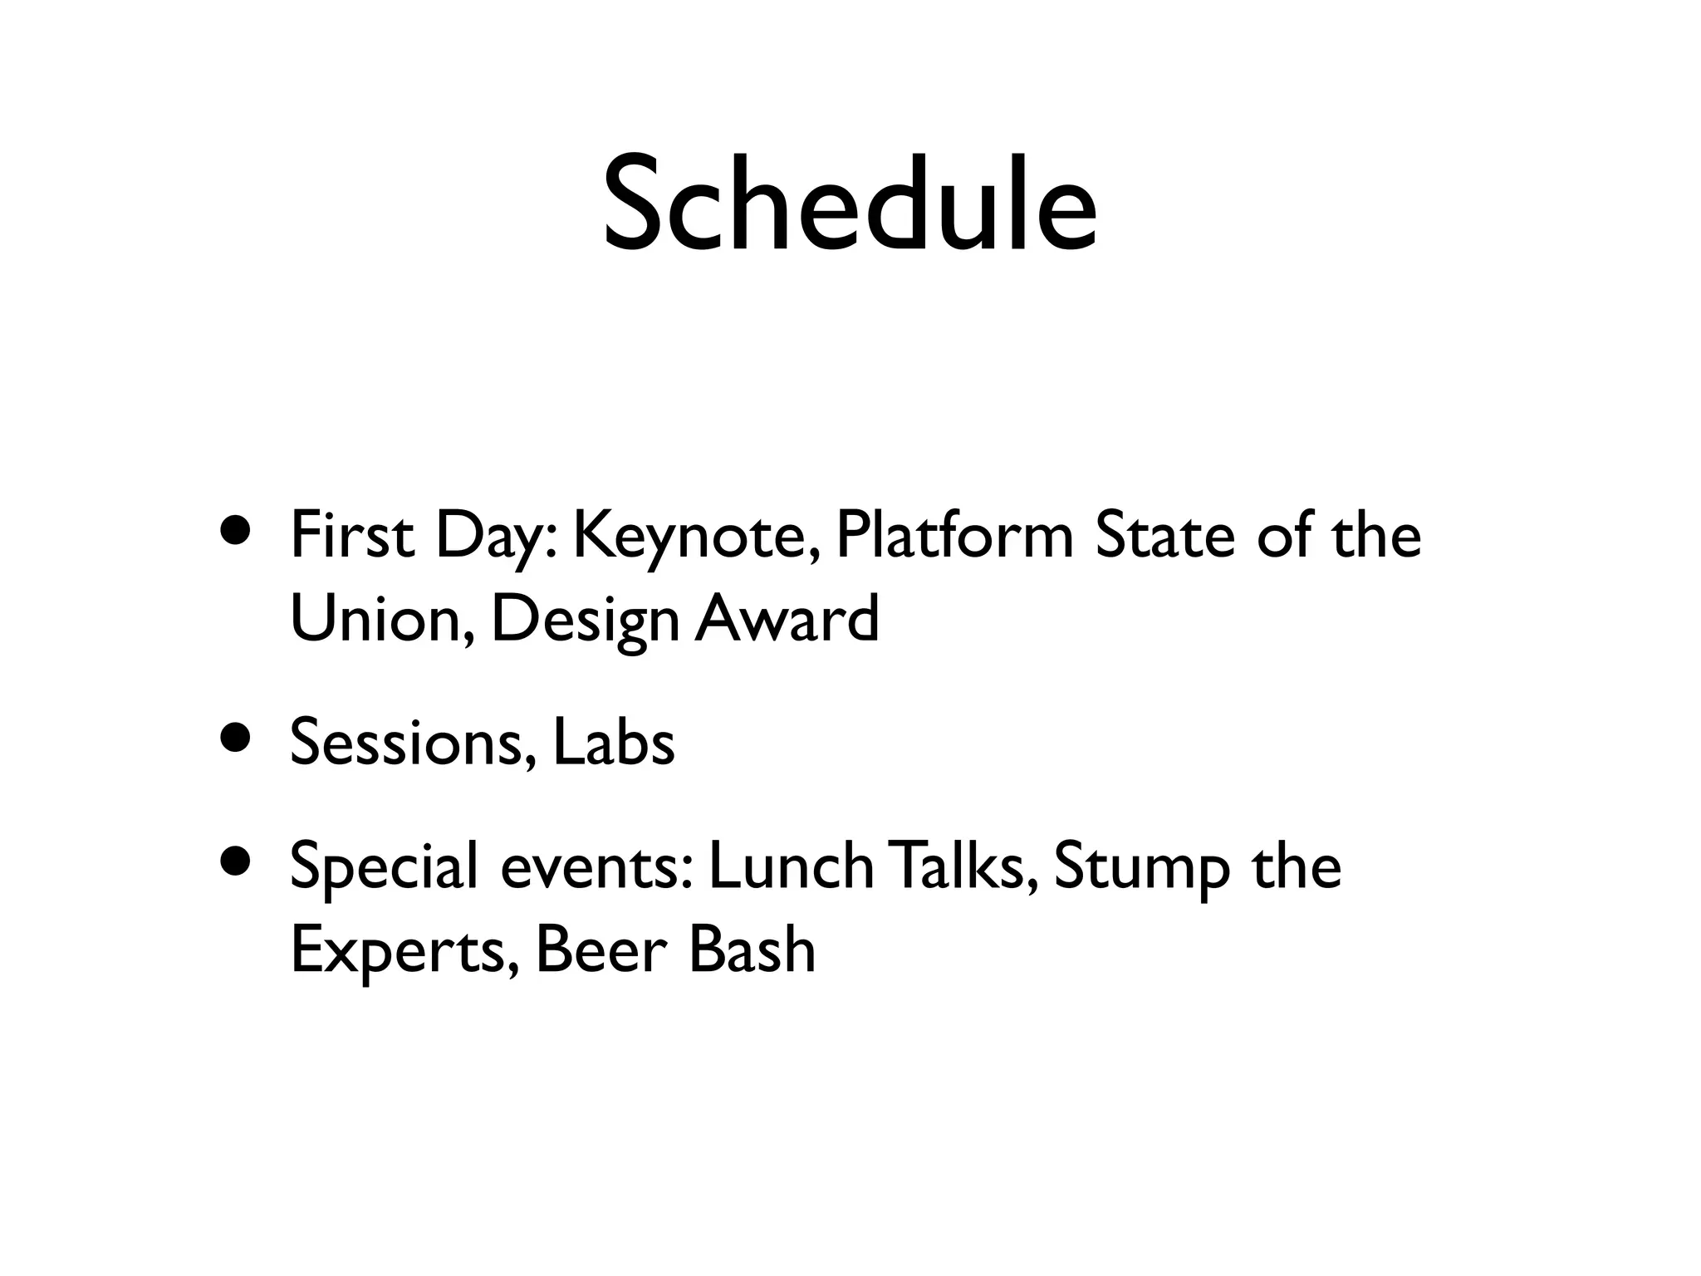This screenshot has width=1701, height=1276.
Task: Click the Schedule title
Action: click(x=850, y=204)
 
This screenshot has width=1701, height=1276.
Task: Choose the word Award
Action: click(x=787, y=619)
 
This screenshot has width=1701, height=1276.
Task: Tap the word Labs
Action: click(x=614, y=742)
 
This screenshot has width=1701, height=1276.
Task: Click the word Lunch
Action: click(x=792, y=866)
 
